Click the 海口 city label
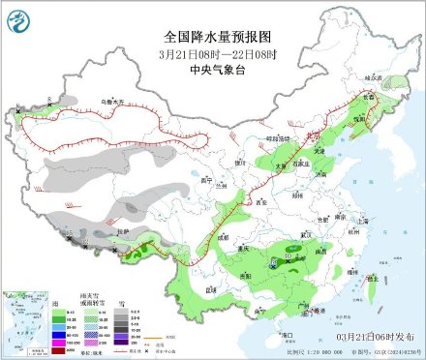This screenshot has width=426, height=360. tap(287, 334)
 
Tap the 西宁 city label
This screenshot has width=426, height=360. tap(202, 181)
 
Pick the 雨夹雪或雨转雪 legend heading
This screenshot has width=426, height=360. tap(94, 304)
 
